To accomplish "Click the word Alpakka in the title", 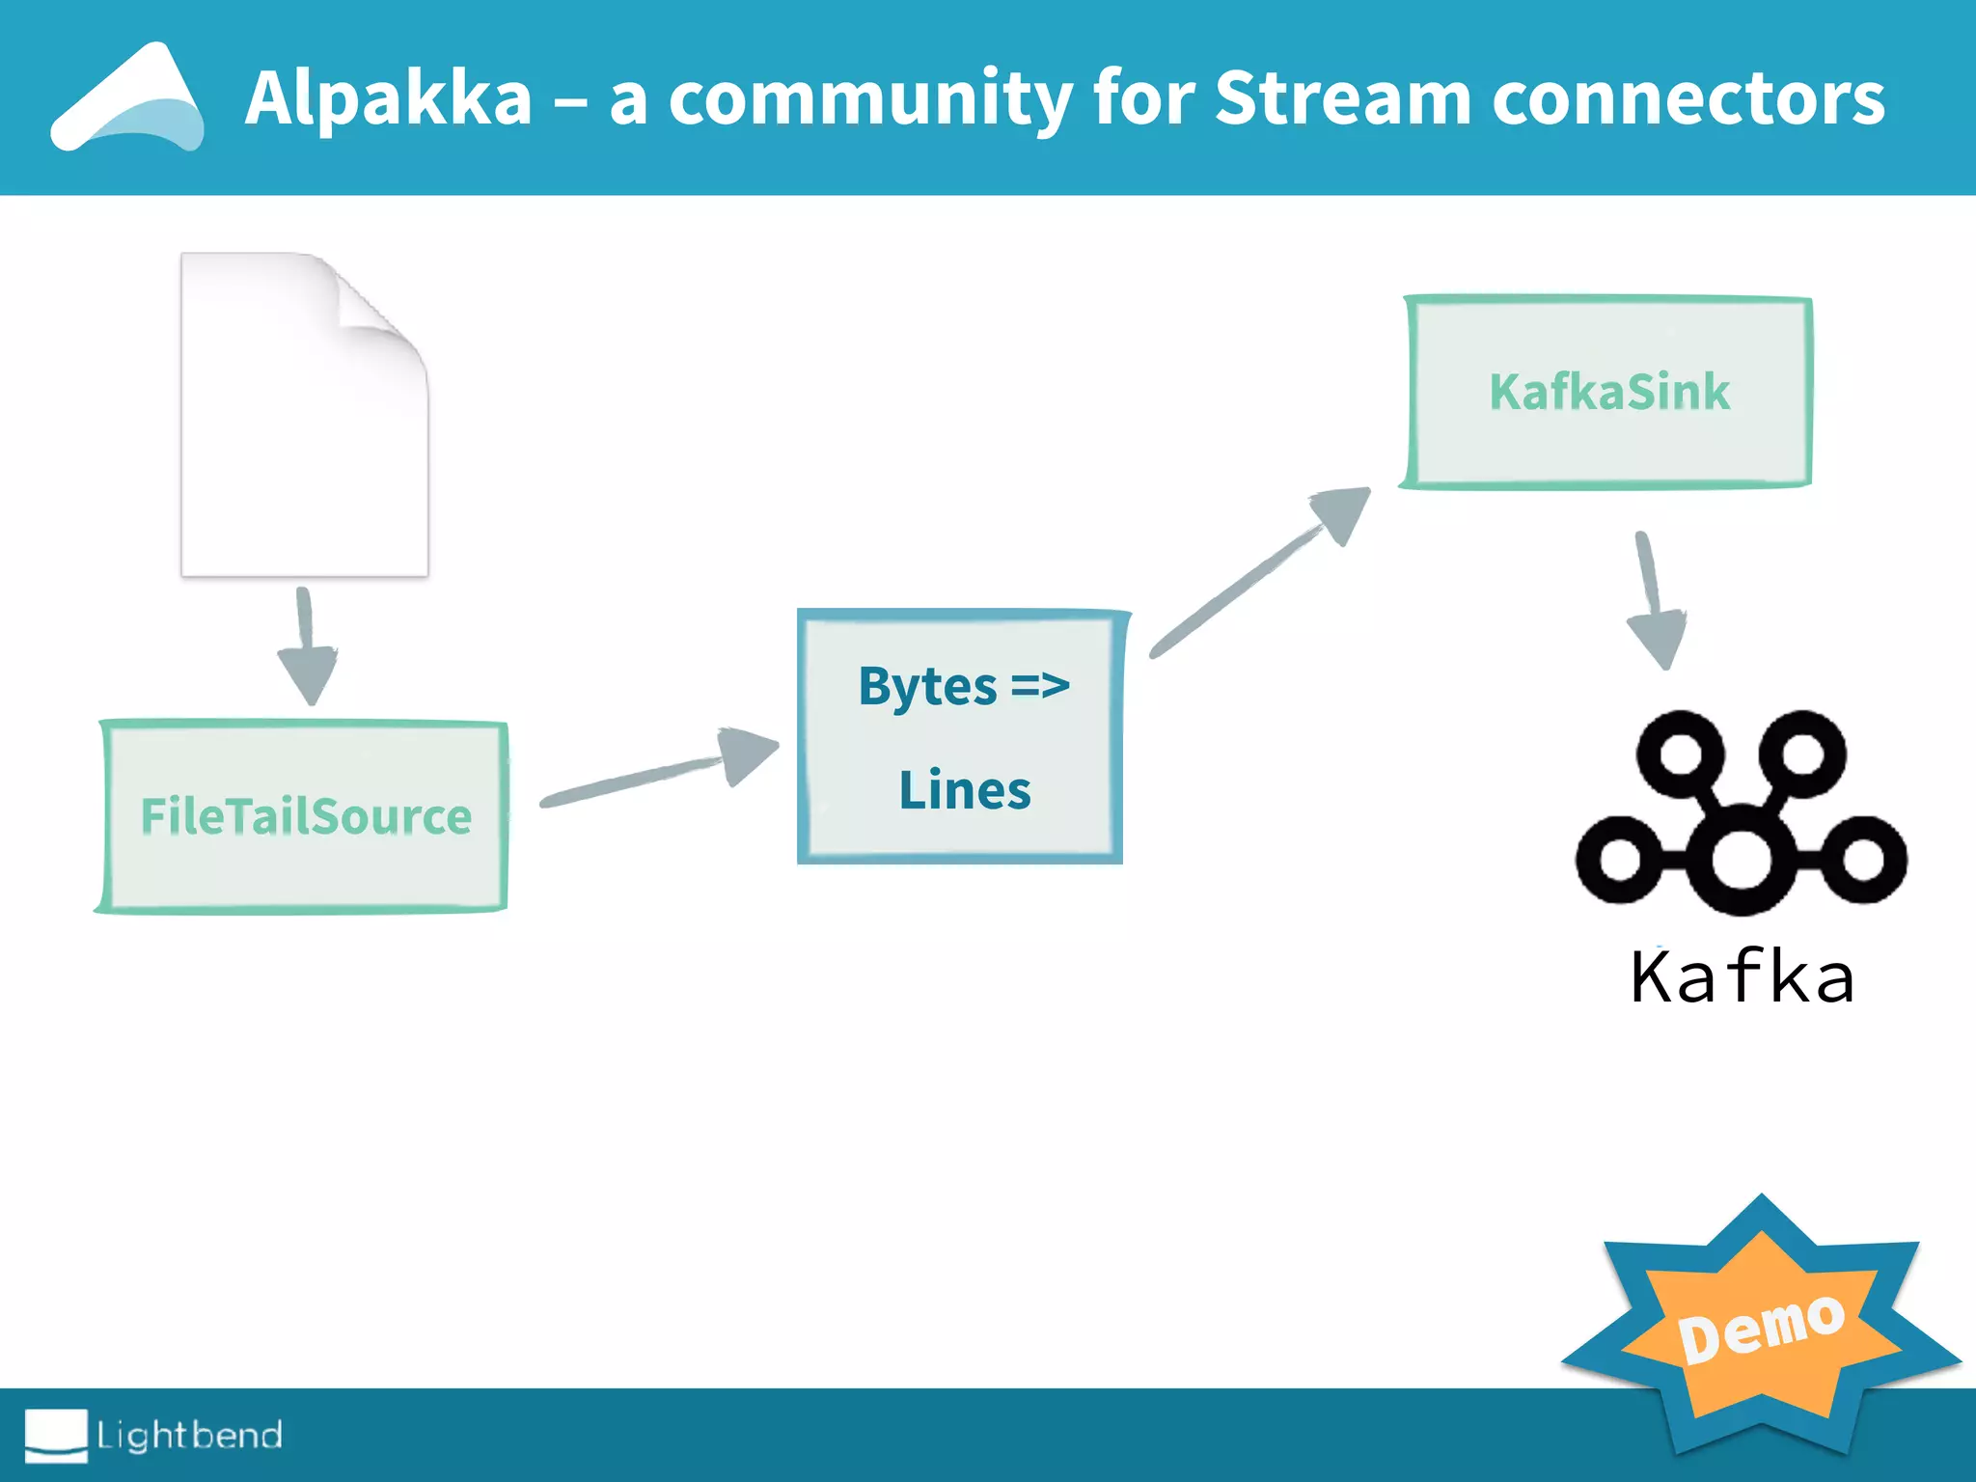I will [x=388, y=97].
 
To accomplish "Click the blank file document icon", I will [x=289, y=434].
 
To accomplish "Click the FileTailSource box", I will [x=305, y=816].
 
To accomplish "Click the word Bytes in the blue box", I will [x=927, y=687].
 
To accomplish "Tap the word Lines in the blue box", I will [x=964, y=790].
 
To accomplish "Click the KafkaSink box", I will [x=1608, y=392].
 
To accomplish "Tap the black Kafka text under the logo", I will [x=1742, y=978].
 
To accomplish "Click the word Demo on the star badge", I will [x=1761, y=1330].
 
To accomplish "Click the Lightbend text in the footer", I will [x=190, y=1435].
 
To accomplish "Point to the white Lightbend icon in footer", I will [x=56, y=1435].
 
